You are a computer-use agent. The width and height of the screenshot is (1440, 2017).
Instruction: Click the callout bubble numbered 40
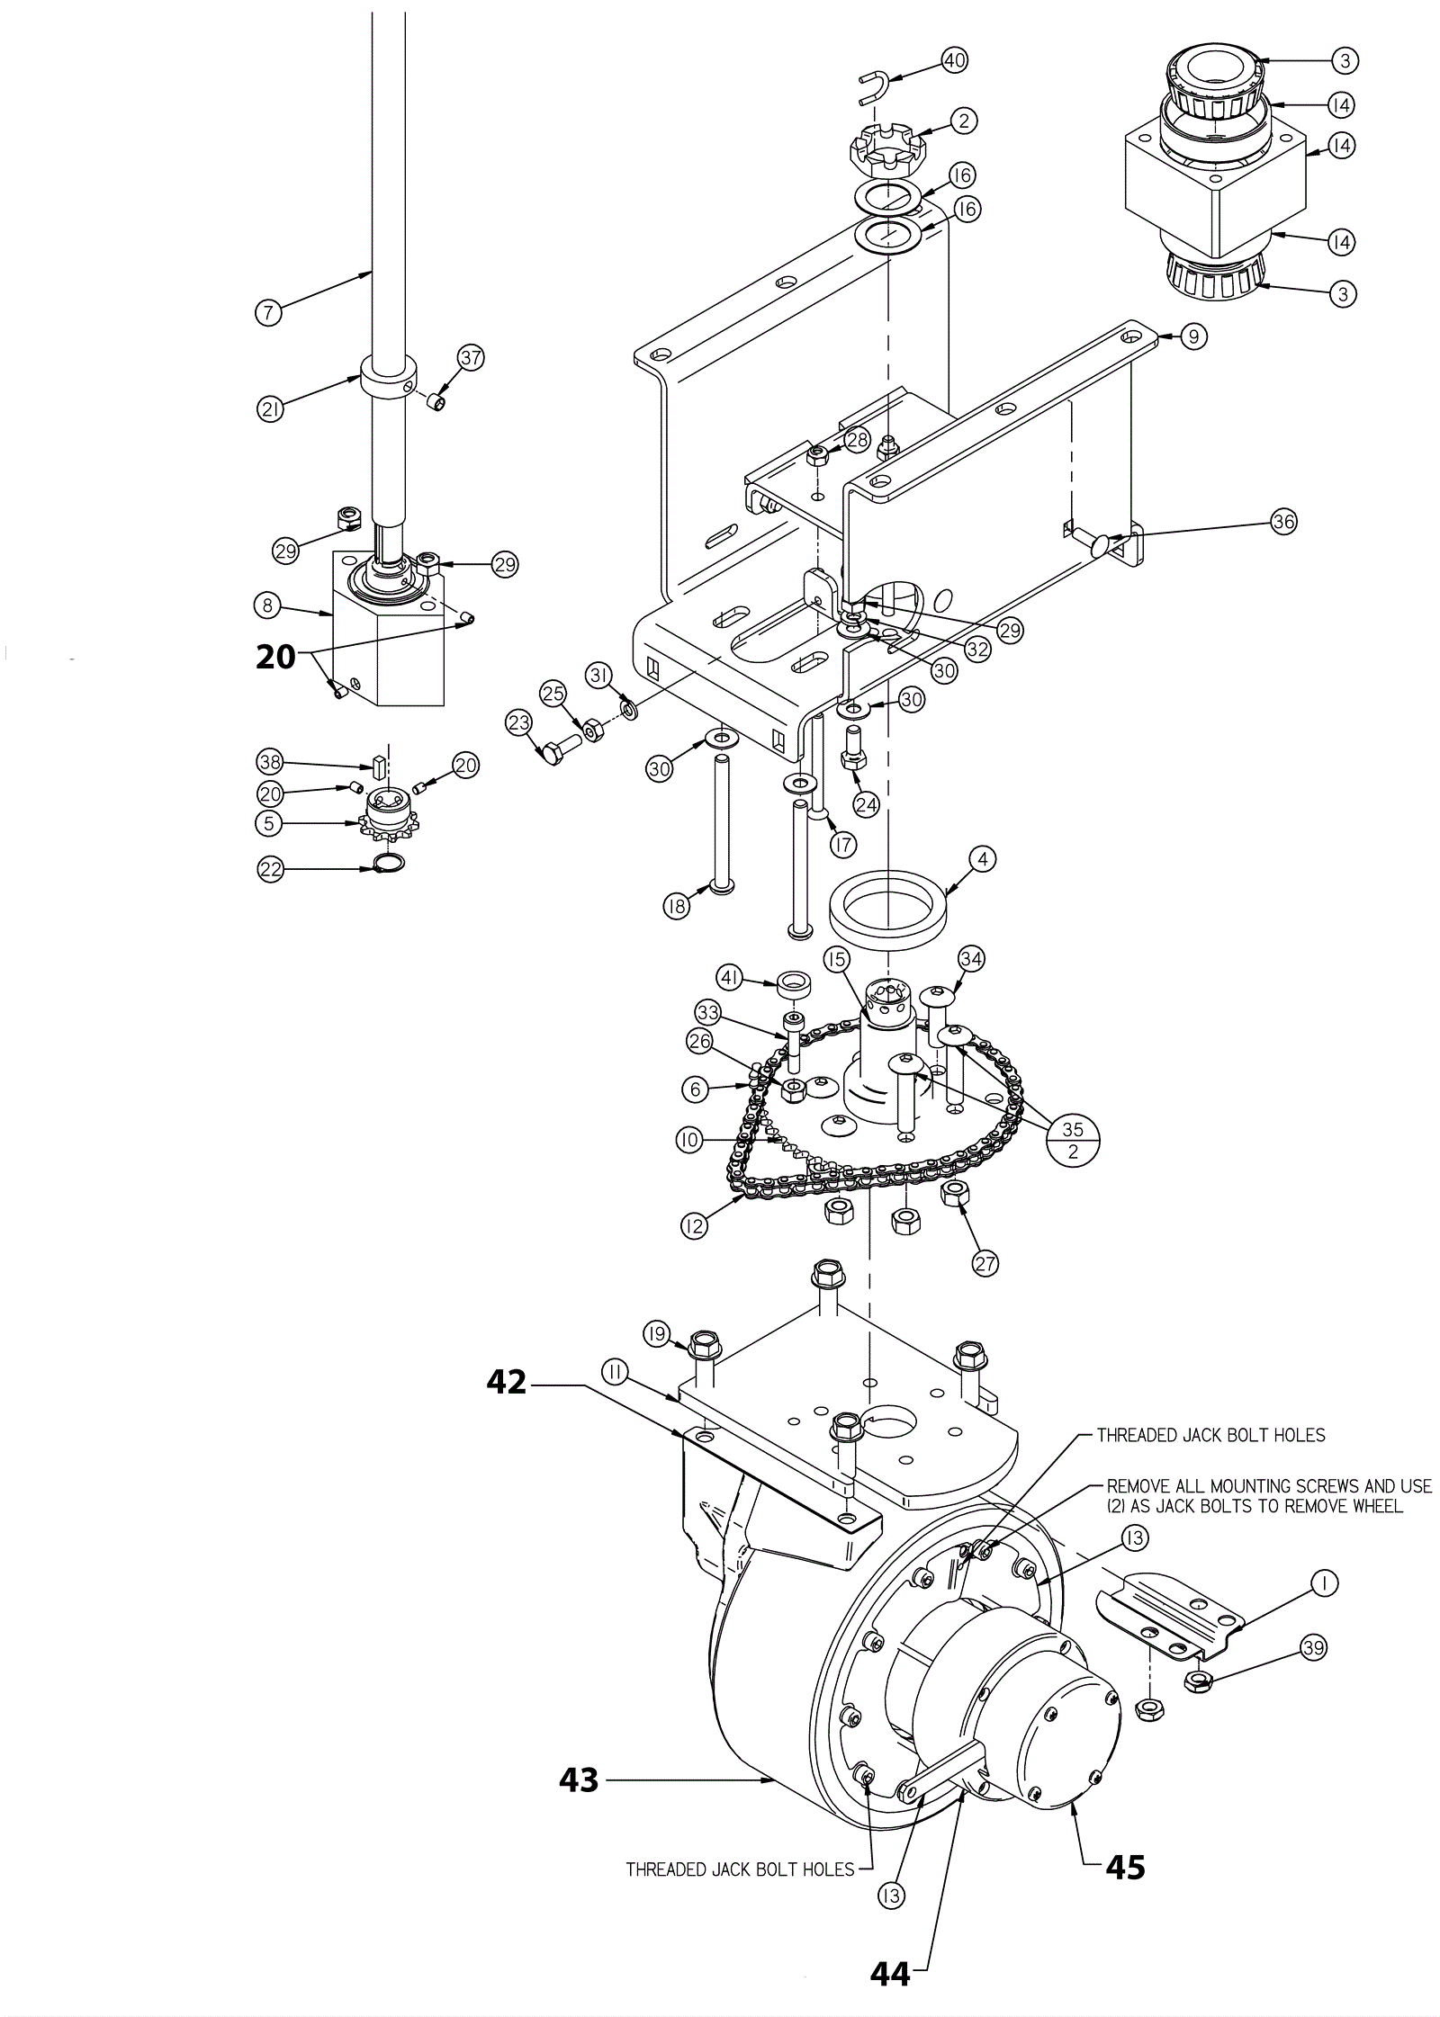[x=953, y=60]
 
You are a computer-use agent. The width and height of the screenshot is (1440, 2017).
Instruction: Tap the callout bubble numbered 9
[x=1192, y=336]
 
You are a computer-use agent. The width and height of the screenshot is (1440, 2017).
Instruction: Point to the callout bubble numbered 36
[x=1283, y=521]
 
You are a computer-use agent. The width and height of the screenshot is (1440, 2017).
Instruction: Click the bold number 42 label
[x=507, y=1381]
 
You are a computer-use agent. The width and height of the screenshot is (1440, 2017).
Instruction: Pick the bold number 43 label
[x=579, y=1779]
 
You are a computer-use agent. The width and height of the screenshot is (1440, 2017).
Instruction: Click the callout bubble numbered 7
[x=267, y=313]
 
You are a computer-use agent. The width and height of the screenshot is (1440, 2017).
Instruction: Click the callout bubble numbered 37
[x=471, y=357]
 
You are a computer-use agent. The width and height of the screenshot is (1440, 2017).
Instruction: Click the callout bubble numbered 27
[x=985, y=1264]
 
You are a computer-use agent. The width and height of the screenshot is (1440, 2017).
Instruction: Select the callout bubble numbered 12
[x=694, y=1225]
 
